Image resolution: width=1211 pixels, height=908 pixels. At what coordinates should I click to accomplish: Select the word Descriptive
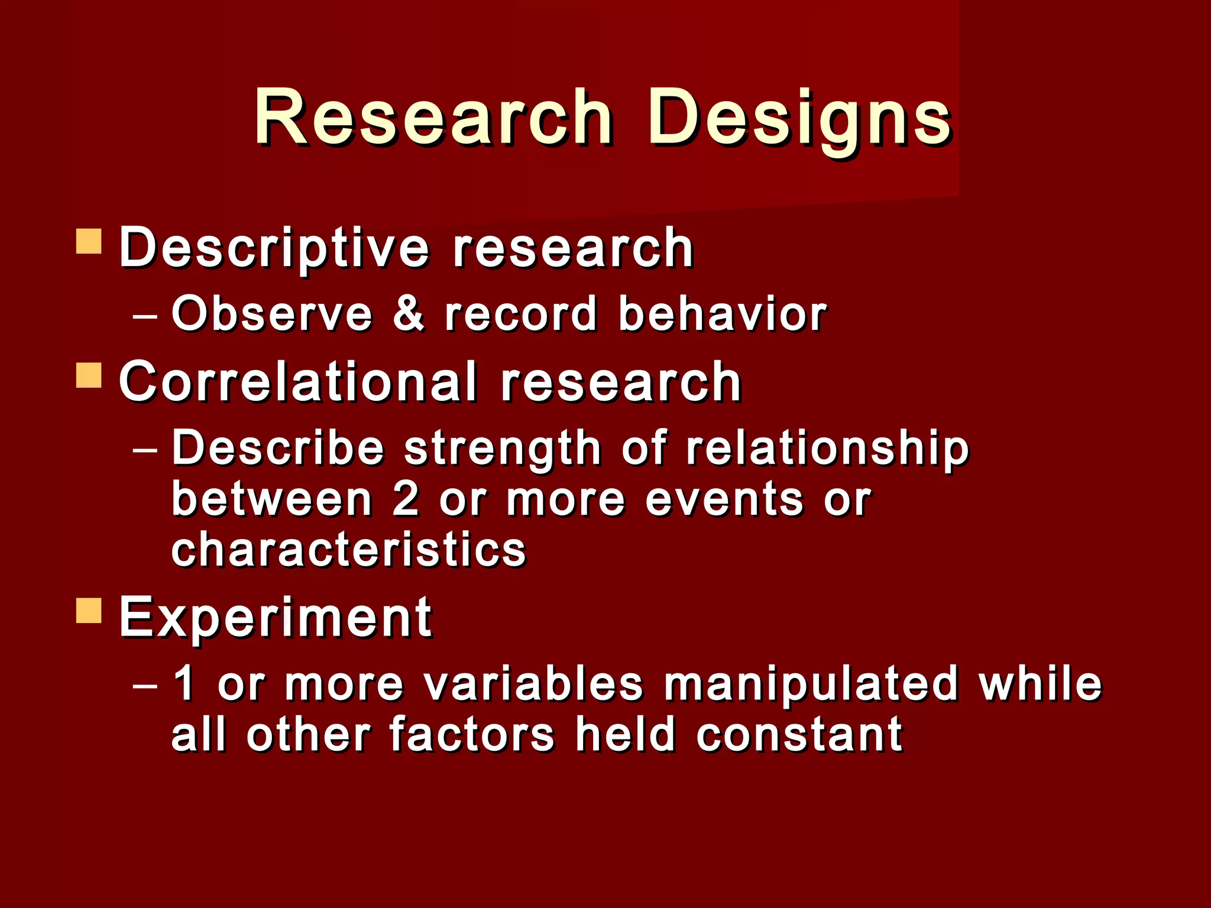[274, 248]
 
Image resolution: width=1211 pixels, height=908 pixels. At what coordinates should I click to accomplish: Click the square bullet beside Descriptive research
[89, 241]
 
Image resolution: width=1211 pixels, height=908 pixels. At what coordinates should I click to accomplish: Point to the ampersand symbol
[409, 313]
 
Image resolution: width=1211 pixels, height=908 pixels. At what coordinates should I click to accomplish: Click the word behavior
[722, 313]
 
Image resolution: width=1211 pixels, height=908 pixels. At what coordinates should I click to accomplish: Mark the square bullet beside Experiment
[89, 610]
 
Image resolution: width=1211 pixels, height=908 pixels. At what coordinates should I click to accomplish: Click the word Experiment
[276, 618]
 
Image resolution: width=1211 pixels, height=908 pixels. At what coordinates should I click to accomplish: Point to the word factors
[472, 735]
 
